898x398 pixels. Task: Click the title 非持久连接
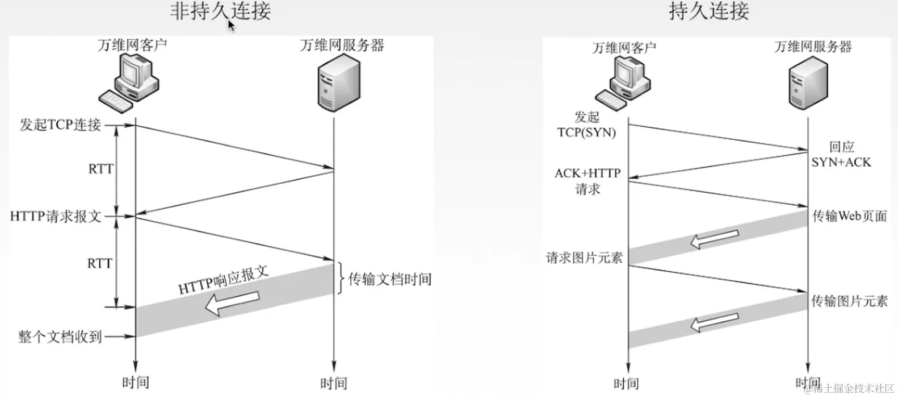(x=220, y=11)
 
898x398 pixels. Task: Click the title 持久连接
(x=708, y=11)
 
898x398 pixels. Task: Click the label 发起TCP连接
(x=60, y=125)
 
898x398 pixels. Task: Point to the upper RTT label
(x=100, y=169)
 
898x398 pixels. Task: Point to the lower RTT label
(x=99, y=263)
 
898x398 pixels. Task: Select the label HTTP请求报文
(x=56, y=216)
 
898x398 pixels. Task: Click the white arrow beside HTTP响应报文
(x=232, y=304)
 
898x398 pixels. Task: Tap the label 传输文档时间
(x=389, y=279)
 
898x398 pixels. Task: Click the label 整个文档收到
(x=60, y=337)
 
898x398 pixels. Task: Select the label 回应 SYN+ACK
(x=841, y=155)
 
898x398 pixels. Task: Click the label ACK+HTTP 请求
(x=588, y=181)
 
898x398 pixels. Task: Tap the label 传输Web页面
(x=849, y=216)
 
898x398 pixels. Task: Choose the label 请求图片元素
(x=584, y=258)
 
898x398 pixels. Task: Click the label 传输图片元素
(x=849, y=301)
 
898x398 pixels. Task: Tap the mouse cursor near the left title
(x=231, y=26)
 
